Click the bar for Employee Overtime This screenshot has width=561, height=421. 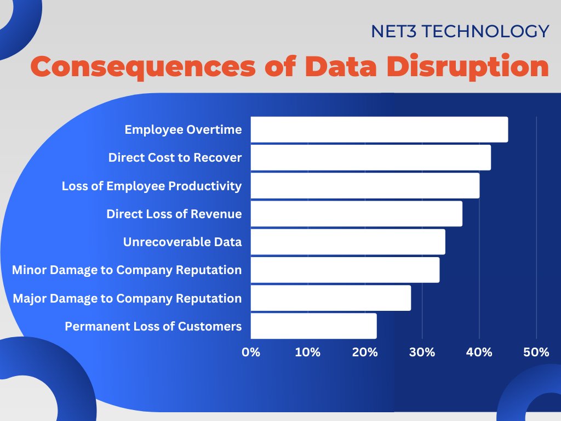pyautogui.click(x=379, y=129)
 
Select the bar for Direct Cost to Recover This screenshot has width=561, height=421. pyautogui.click(x=371, y=157)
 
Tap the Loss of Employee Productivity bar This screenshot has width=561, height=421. pyautogui.click(x=365, y=186)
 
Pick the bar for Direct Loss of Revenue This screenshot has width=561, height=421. pyautogui.click(x=357, y=214)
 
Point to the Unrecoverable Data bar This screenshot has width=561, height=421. pyautogui.click(x=348, y=242)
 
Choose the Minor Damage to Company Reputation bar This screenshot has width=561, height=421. pyautogui.click(x=345, y=270)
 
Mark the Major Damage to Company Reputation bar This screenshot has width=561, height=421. pyautogui.click(x=331, y=298)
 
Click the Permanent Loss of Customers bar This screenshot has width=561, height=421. pyautogui.click(x=314, y=326)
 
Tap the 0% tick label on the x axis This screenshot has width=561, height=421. pyautogui.click(x=251, y=352)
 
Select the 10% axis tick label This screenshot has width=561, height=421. pyautogui.click(x=308, y=352)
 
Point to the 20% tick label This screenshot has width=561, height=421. pyautogui.click(x=365, y=352)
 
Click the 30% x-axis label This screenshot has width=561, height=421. pyautogui.click(x=422, y=352)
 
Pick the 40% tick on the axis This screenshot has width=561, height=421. pyautogui.click(x=479, y=352)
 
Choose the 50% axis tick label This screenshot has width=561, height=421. pyautogui.click(x=536, y=352)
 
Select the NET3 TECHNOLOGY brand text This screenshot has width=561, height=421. pyautogui.click(x=460, y=31)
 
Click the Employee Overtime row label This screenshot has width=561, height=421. pyautogui.click(x=183, y=130)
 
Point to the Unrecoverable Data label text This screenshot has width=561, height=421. pyautogui.click(x=182, y=242)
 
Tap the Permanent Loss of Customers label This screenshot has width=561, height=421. pyautogui.click(x=153, y=326)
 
